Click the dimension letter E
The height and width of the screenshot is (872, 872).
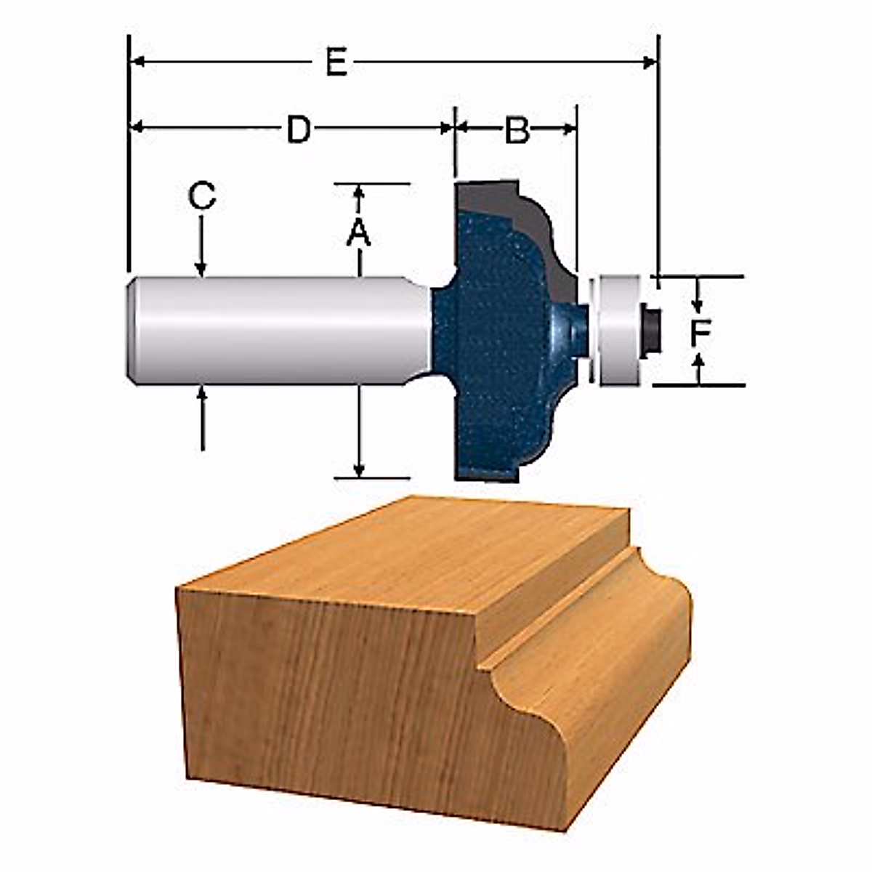(335, 64)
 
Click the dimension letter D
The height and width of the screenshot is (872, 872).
(299, 130)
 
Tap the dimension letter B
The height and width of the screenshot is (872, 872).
(517, 132)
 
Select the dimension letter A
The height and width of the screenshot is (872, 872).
(358, 233)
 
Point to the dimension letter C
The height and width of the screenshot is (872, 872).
(201, 196)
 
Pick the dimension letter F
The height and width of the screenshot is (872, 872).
(700, 333)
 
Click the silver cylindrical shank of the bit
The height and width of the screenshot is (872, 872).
(276, 331)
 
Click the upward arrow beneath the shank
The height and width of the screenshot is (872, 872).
(202, 396)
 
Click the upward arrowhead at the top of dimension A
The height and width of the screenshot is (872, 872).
(358, 192)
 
